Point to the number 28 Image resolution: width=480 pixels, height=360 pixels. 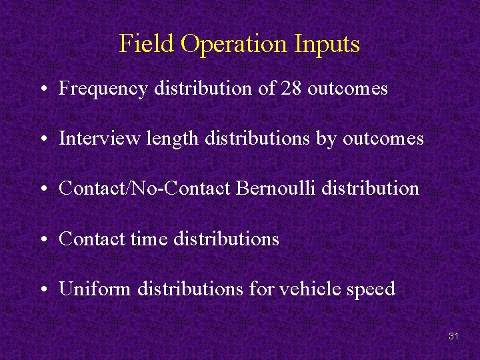click(x=292, y=89)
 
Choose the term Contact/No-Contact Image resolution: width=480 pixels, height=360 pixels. click(x=145, y=189)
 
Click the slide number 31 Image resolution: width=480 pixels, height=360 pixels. click(x=453, y=337)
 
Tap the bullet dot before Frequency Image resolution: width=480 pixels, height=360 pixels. click(x=42, y=90)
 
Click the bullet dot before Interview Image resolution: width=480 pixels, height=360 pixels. click(x=42, y=140)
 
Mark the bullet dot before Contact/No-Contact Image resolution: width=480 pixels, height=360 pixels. click(x=42, y=190)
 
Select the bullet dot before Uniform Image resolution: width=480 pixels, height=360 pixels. click(x=42, y=290)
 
